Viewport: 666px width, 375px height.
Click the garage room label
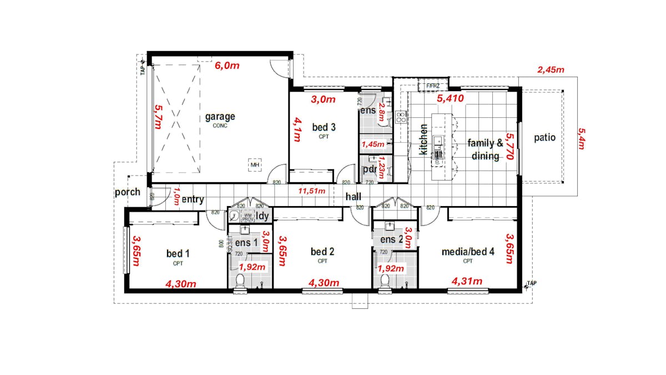[x=220, y=117]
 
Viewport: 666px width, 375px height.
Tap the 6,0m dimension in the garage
[x=227, y=66]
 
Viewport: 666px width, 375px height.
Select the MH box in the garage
[x=255, y=165]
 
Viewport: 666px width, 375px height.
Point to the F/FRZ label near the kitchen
[x=432, y=86]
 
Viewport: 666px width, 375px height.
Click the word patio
[x=544, y=138]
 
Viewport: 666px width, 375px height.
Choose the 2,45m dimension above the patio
[x=551, y=70]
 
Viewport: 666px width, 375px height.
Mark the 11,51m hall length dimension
[x=312, y=191]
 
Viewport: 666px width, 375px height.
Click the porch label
[x=127, y=193]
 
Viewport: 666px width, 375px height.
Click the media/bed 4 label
[x=467, y=252]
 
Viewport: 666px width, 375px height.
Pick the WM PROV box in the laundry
[x=248, y=217]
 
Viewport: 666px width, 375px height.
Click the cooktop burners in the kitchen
[x=401, y=118]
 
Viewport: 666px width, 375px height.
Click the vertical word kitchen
[x=423, y=139]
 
